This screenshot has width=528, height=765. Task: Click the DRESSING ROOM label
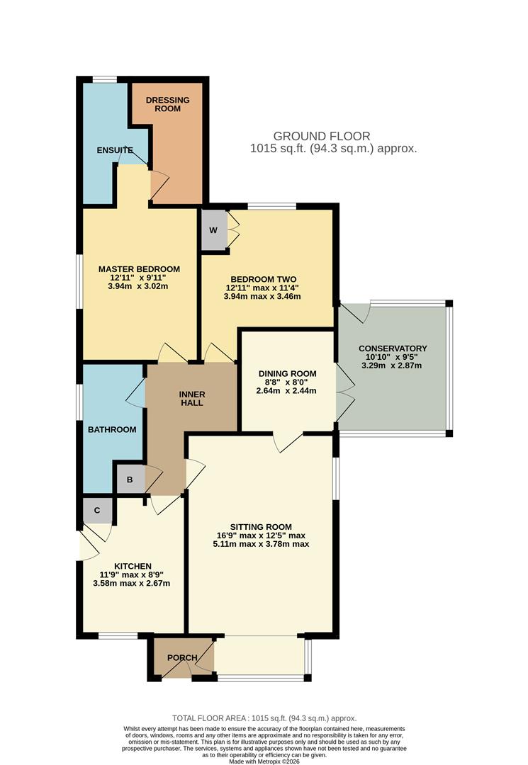coord(164,103)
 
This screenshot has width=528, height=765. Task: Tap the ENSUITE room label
coord(115,150)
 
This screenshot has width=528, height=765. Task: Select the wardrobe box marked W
coord(213,230)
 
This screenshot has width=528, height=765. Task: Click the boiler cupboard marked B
coord(130,480)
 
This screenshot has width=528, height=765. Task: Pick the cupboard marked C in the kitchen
coord(97,510)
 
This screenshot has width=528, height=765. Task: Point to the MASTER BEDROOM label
coord(139,269)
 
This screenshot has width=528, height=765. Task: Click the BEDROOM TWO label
coord(263,279)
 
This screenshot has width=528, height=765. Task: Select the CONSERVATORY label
coord(392,348)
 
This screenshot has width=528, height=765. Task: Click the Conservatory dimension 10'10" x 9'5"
coord(392,357)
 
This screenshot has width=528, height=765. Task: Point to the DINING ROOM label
coord(287,373)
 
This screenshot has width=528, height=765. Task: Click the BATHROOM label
coord(112,429)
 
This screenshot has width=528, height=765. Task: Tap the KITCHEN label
coord(131,566)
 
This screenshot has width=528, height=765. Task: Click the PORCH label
coord(182,658)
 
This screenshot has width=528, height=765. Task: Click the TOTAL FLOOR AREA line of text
coord(264,718)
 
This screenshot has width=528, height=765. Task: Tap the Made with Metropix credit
coord(264,761)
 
